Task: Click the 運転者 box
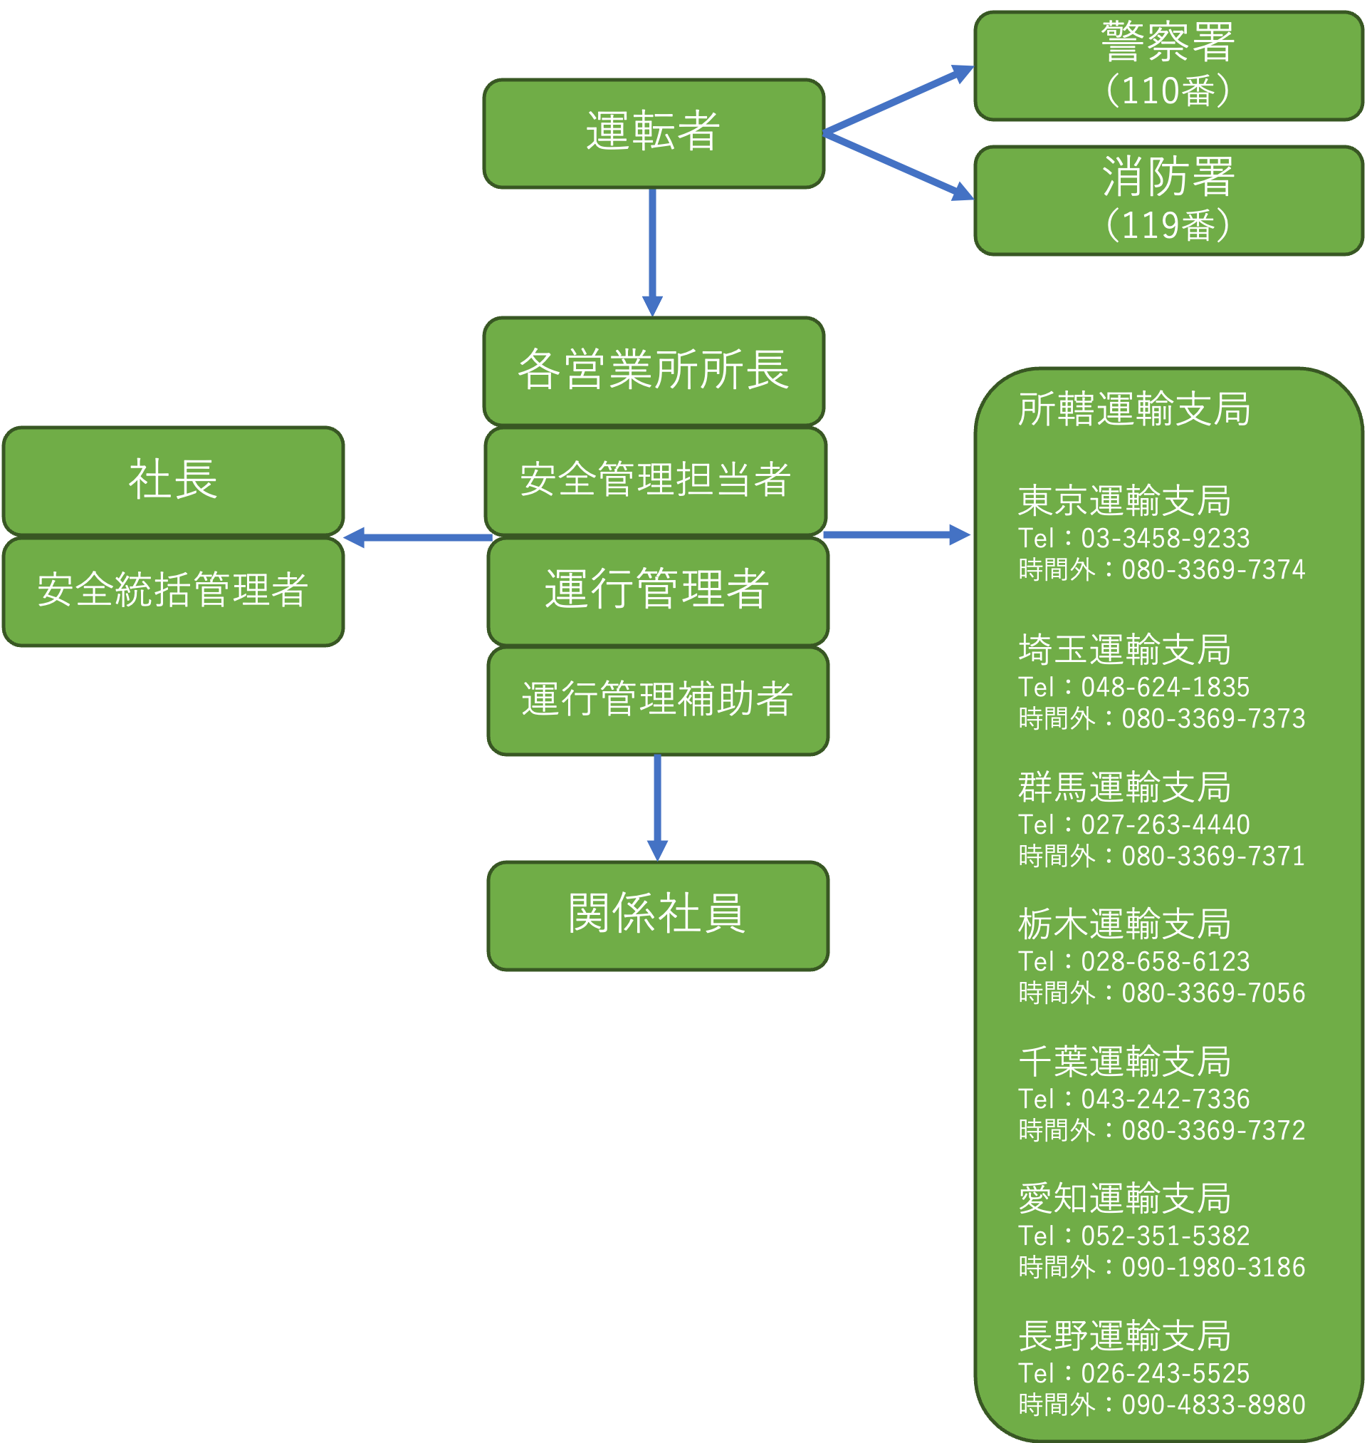(x=654, y=133)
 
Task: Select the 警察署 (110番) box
(x=1168, y=66)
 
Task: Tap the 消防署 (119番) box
(x=1168, y=200)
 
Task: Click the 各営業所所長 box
(x=654, y=371)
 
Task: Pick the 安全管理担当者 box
(x=655, y=480)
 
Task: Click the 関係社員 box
(x=657, y=915)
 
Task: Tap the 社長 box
(x=174, y=480)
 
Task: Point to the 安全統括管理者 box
(x=174, y=591)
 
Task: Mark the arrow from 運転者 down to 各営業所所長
(x=652, y=252)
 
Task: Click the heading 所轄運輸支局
(x=1133, y=409)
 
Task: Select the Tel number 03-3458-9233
(x=1164, y=538)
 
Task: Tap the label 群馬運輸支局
(x=1124, y=787)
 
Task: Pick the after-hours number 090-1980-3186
(x=1213, y=1267)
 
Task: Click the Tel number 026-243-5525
(x=1164, y=1373)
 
